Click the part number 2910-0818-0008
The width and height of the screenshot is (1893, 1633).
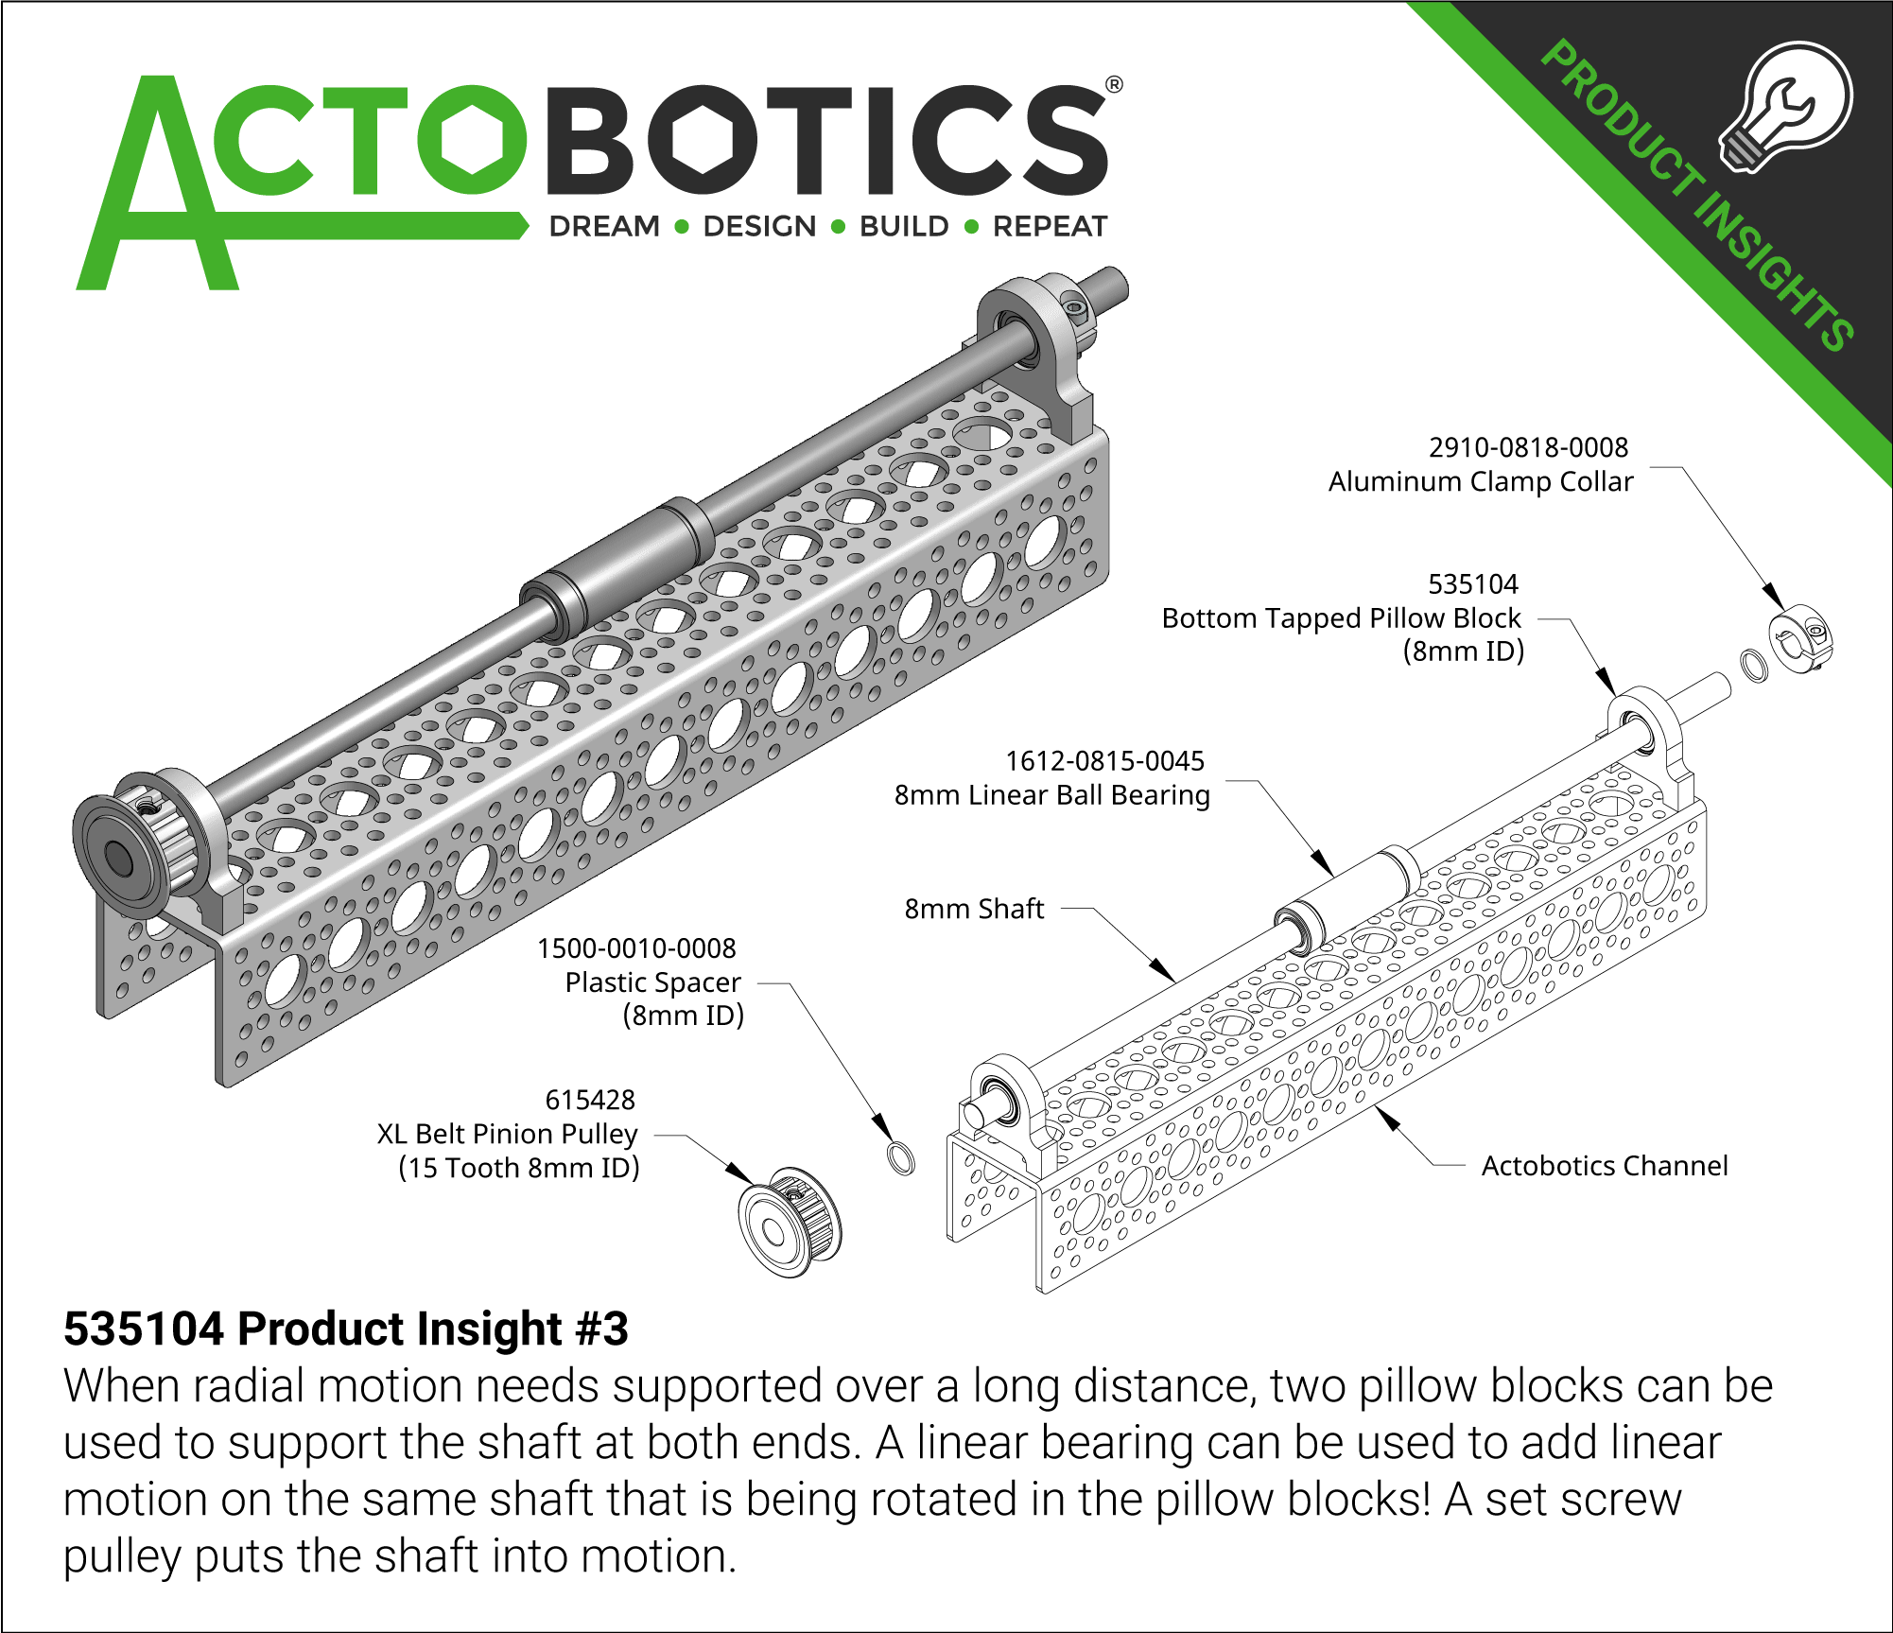pyautogui.click(x=1528, y=447)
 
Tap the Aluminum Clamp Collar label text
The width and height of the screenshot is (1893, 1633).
pyautogui.click(x=1480, y=482)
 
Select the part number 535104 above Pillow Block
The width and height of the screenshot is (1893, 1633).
pyautogui.click(x=1472, y=584)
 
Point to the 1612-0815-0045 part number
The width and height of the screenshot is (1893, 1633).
pyautogui.click(x=1104, y=761)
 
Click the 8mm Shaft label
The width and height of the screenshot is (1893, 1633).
pyautogui.click(x=974, y=910)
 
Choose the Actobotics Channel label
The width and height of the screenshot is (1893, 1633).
pyautogui.click(x=1604, y=1166)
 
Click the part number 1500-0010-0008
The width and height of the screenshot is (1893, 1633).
pyautogui.click(x=636, y=948)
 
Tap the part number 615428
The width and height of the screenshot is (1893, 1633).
pyautogui.click(x=590, y=1100)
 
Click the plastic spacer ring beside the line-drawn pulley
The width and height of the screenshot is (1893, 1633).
pyautogui.click(x=901, y=1158)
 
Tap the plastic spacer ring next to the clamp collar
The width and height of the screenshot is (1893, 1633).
pyautogui.click(x=1753, y=665)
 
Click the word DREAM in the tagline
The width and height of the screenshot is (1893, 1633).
pyautogui.click(x=604, y=227)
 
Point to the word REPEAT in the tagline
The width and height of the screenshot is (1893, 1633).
pyautogui.click(x=1050, y=227)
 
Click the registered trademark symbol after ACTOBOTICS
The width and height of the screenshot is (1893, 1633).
pyautogui.click(x=1114, y=85)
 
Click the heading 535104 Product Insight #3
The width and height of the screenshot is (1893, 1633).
pyautogui.click(x=345, y=1329)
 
